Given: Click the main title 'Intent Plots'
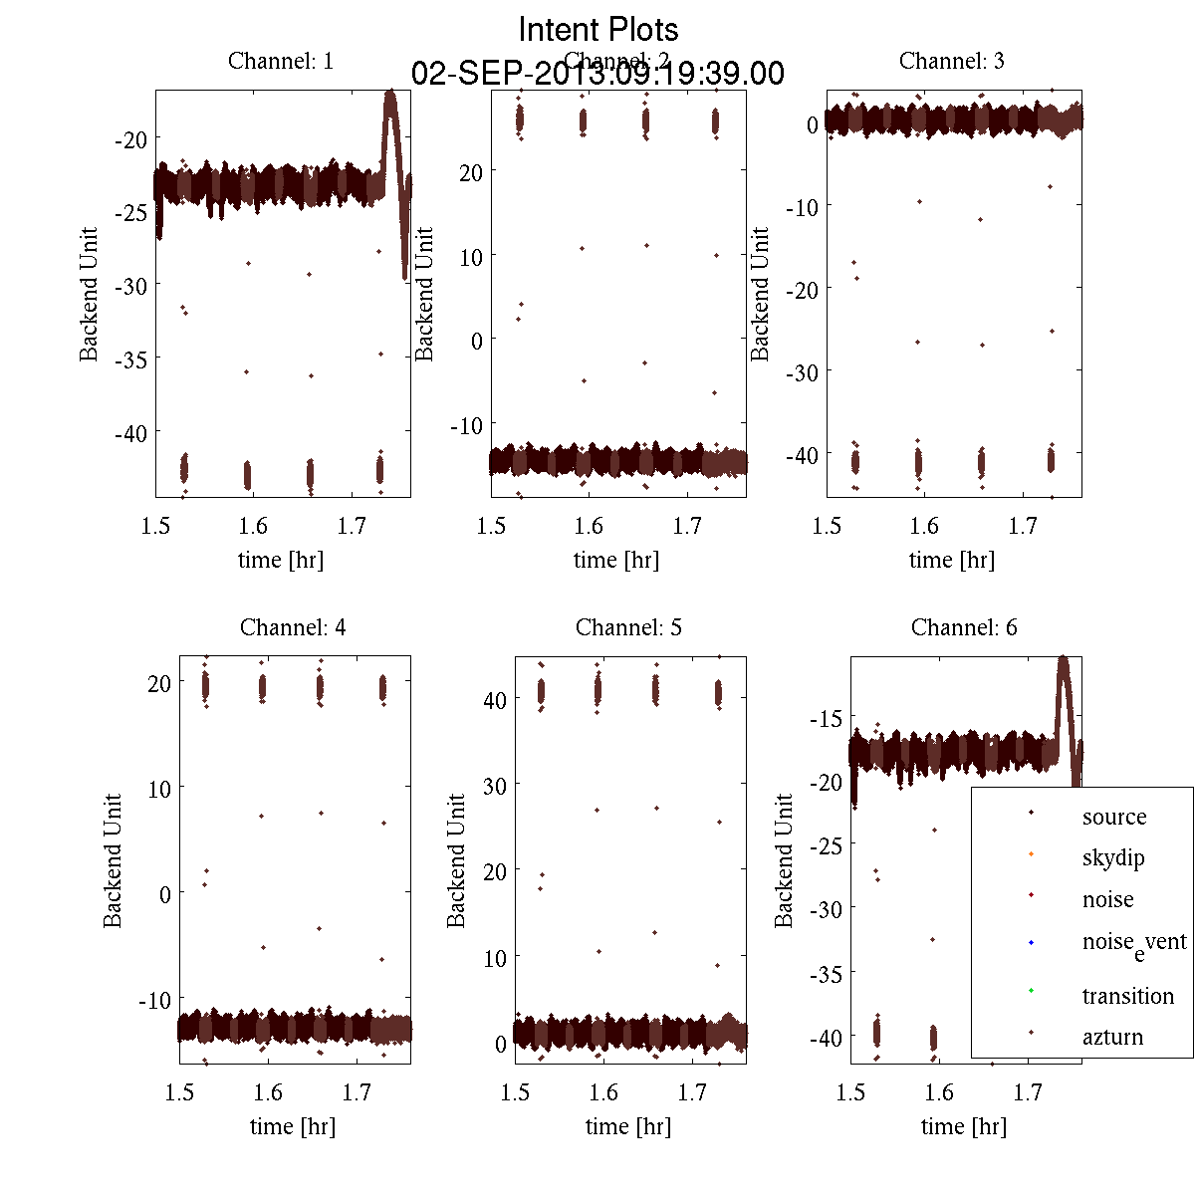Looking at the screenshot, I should [x=598, y=29].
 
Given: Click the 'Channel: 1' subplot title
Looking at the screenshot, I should [x=281, y=61].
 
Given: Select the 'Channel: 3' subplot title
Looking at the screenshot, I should [x=951, y=61].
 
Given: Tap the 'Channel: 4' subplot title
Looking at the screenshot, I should [x=293, y=627].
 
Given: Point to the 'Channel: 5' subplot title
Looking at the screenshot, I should [x=628, y=627].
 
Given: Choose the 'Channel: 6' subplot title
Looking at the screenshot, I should [x=964, y=627].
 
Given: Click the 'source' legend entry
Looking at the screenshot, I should [x=1113, y=817].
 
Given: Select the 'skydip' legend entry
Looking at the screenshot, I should [x=1113, y=857].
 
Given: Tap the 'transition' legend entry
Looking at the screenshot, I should [x=1127, y=996].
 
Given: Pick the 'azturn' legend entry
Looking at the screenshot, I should [x=1112, y=1037].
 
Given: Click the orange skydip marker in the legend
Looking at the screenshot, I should [x=1031, y=854].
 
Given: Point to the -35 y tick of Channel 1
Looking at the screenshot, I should [x=130, y=358].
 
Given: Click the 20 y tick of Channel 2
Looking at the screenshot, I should [x=470, y=172].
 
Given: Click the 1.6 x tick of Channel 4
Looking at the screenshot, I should [x=267, y=1092].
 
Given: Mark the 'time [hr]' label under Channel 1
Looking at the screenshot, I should [x=281, y=560].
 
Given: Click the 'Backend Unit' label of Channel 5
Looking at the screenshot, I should [x=456, y=861].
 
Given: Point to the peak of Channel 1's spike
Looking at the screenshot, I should [x=390, y=93].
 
